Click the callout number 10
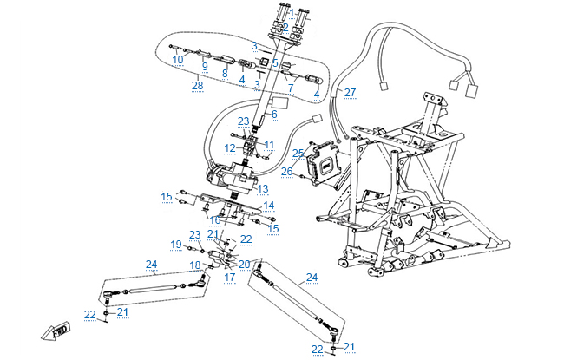click(x=176, y=59)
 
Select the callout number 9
click(x=205, y=66)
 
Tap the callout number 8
click(x=224, y=74)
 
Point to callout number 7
click(x=291, y=88)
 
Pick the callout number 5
click(x=274, y=62)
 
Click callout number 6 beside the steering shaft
click(x=273, y=114)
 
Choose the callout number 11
click(x=268, y=144)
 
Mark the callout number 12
click(x=230, y=149)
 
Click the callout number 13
click(x=263, y=187)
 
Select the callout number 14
click(x=269, y=206)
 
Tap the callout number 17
click(x=230, y=278)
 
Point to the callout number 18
click(x=195, y=265)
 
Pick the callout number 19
click(x=174, y=244)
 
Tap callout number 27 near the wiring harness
click(x=350, y=92)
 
